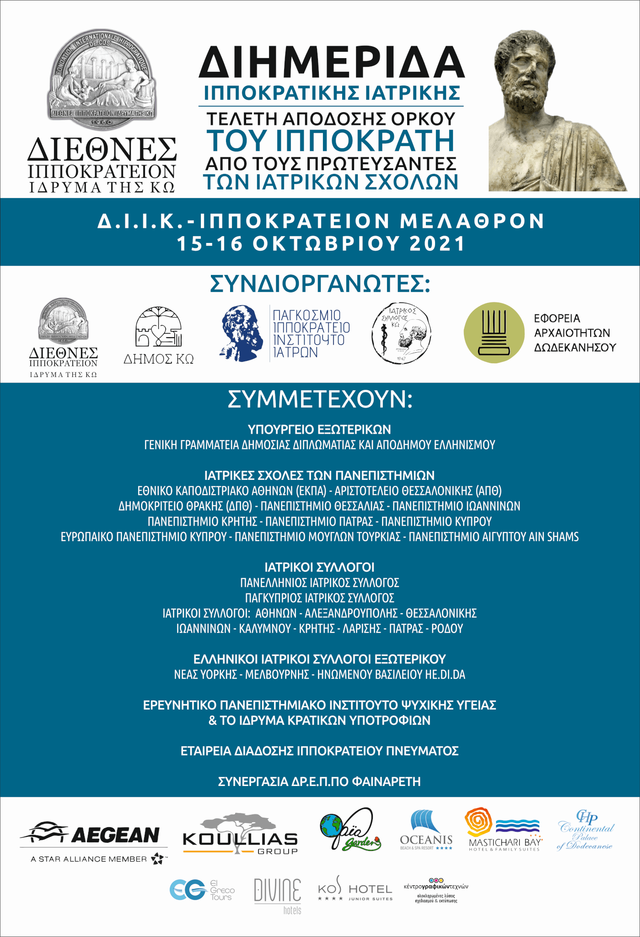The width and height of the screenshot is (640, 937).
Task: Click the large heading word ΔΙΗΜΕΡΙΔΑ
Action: pos(331,63)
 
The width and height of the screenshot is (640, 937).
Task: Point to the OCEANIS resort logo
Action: pos(426,830)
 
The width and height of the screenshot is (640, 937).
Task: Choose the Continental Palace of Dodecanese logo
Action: pos(586,830)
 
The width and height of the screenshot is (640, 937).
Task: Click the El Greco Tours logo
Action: pos(202,890)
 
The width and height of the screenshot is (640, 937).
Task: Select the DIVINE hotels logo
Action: pos(278,894)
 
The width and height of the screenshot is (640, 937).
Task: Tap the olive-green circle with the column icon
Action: pos(494,333)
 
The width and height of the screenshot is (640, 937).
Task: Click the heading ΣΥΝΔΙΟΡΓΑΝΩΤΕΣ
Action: pos(320,284)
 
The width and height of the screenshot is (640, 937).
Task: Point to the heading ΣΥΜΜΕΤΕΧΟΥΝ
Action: pos(320,399)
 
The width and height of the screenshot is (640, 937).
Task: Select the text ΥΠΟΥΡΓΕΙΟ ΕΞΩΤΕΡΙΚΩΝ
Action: pos(319,430)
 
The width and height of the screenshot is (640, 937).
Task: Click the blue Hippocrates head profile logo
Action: pos(242,333)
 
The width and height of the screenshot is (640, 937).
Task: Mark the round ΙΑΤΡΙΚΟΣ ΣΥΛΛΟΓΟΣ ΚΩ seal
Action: pos(401,333)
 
